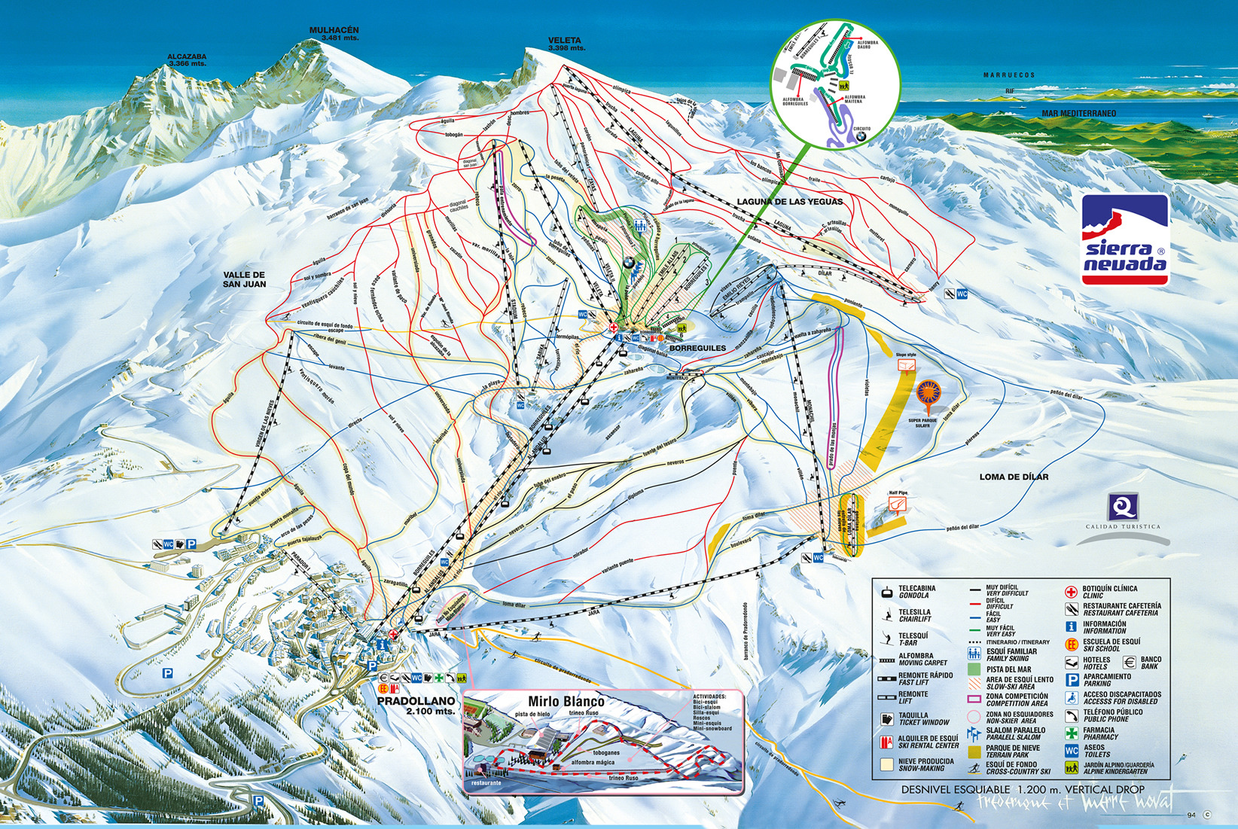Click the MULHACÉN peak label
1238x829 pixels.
pos(334,31)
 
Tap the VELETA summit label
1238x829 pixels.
pos(565,41)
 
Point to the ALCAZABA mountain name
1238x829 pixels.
pos(187,56)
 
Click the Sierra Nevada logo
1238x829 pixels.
pos(1125,240)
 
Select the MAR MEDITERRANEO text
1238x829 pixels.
pos(1078,114)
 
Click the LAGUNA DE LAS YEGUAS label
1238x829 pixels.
pos(789,202)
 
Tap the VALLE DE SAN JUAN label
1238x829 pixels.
pos(244,279)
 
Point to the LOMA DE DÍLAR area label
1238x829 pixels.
pos(1014,477)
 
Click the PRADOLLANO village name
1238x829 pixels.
pos(416,701)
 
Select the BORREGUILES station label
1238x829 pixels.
pos(697,348)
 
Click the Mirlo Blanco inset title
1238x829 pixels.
pos(566,702)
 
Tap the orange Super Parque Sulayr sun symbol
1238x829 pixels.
pos(928,393)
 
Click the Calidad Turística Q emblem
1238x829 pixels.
pos(1122,507)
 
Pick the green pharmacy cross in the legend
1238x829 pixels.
pos(1071,733)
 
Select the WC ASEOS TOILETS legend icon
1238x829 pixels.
pos(1071,751)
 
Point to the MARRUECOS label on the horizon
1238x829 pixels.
pos(1009,75)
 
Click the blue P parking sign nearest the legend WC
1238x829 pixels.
pos(1072,679)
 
